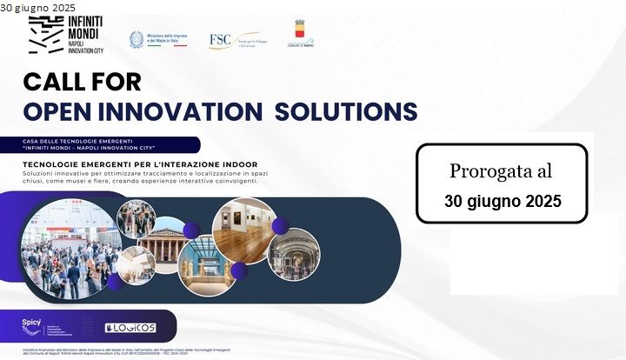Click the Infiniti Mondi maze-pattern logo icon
pos(45,36)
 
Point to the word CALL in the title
pos(57,83)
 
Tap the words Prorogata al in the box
pos(501,171)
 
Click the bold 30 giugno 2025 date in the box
pos(502,201)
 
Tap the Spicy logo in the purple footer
pos(31,323)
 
